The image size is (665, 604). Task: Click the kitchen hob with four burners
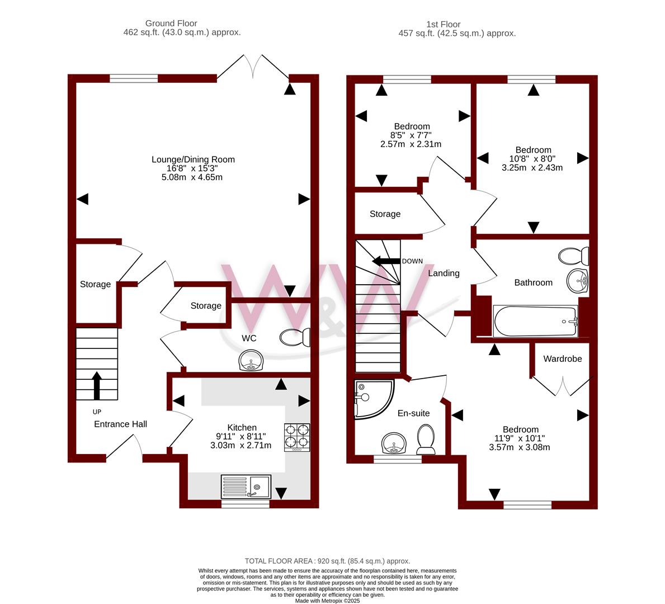pos(297,437)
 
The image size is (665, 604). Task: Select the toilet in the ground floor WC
pos(295,337)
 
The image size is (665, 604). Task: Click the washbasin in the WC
pos(251,361)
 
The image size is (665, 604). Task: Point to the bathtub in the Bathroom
pos(535,321)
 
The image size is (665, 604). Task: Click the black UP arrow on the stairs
pos(97,385)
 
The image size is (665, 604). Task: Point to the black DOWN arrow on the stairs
pos(386,261)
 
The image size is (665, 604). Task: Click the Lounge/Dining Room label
pos(193,159)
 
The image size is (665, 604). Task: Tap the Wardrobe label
pos(562,359)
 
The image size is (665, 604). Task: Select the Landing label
pos(444,273)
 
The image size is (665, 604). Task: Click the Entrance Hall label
pos(120,424)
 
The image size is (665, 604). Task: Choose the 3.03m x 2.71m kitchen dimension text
pos(241,445)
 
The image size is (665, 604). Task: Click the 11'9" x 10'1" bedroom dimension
pos(520,438)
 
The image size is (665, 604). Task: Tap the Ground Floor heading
pos(171,23)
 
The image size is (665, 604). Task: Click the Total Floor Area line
pos(327,561)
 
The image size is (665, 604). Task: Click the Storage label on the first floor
pos(385,214)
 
